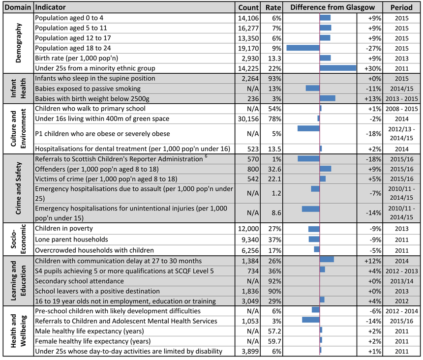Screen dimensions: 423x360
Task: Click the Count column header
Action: (x=248, y=7)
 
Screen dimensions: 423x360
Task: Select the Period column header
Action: (x=401, y=7)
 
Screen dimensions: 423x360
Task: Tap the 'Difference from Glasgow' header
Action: (x=332, y=7)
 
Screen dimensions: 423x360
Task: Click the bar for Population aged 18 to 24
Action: (x=303, y=48)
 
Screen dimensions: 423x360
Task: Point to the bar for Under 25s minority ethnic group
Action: (x=338, y=68)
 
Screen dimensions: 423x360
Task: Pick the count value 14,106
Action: (x=248, y=18)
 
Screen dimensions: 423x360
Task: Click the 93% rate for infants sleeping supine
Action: (x=274, y=79)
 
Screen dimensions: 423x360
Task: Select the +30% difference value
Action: (x=373, y=68)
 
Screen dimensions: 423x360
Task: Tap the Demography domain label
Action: (x=18, y=43)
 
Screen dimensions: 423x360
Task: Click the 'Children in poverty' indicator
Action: (x=64, y=228)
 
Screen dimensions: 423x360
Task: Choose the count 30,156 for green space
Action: (x=248, y=119)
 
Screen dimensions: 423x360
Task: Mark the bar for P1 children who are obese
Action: (x=308, y=128)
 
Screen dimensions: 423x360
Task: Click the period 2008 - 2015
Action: (x=401, y=109)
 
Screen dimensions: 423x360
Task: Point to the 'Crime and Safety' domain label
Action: (x=18, y=188)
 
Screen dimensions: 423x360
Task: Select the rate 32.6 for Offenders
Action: (x=274, y=169)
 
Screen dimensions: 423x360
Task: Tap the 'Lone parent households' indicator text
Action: (x=71, y=240)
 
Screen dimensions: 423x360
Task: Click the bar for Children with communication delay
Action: (x=327, y=259)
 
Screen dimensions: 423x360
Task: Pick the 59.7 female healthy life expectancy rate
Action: (x=274, y=341)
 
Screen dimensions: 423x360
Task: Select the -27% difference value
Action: (x=373, y=49)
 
